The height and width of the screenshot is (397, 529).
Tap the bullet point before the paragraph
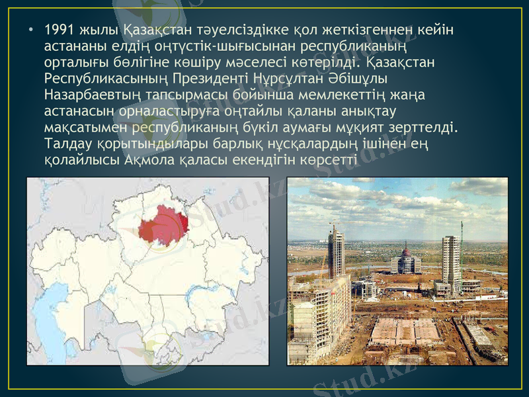pyautogui.click(x=31, y=31)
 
